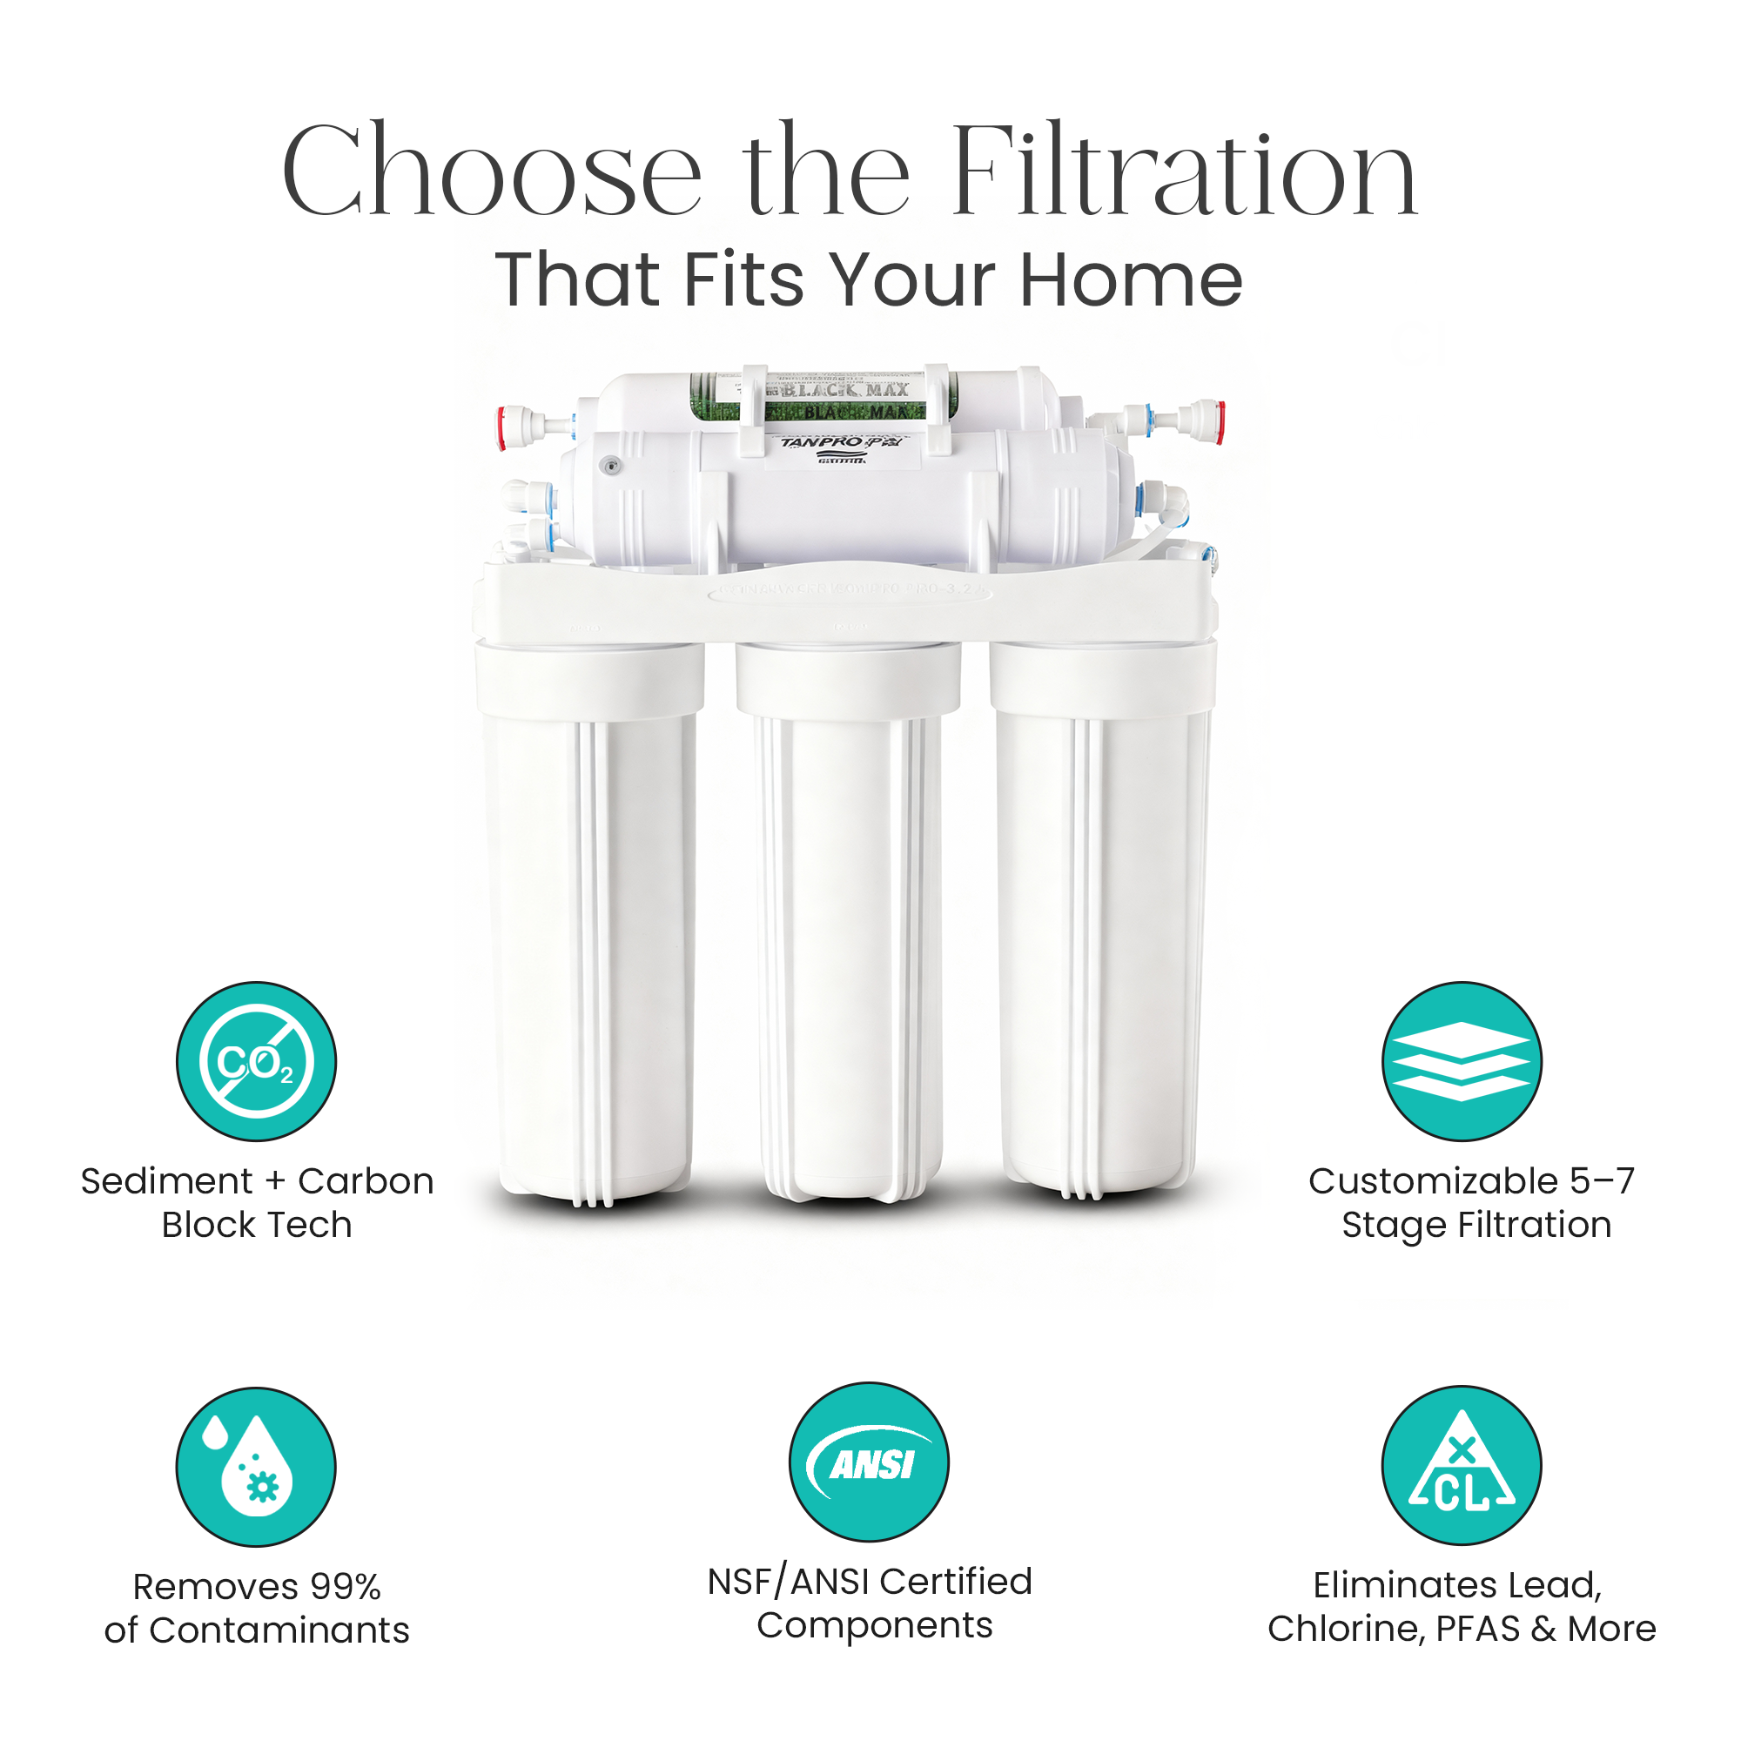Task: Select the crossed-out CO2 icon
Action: [x=256, y=1061]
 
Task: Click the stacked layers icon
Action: [x=1461, y=1061]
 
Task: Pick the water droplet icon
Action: [x=256, y=1466]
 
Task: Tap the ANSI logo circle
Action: [x=869, y=1462]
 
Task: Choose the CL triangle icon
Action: [x=1461, y=1465]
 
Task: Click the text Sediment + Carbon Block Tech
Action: [x=257, y=1202]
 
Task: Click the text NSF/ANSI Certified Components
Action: [x=870, y=1603]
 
